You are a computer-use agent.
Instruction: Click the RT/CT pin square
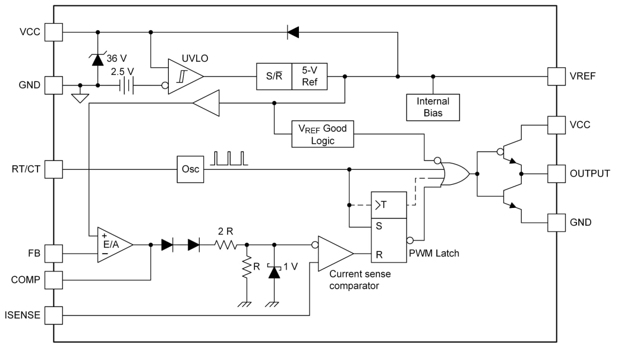point(53,170)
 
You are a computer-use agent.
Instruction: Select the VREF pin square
point(556,76)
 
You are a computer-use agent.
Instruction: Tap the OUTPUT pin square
point(556,173)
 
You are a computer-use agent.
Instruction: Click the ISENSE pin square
point(53,315)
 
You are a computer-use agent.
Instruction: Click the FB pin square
point(53,254)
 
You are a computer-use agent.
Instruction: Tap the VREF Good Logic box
point(322,134)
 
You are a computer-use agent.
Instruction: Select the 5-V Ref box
point(310,77)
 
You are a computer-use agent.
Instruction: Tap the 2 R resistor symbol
point(226,244)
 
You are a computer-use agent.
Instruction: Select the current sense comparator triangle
point(333,254)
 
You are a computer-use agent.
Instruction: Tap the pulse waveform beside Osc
point(231,158)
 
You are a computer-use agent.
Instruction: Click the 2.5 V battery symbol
point(126,86)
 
